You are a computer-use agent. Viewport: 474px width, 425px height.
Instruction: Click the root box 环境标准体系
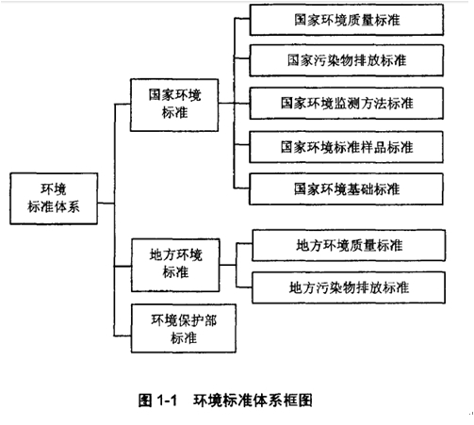(x=54, y=198)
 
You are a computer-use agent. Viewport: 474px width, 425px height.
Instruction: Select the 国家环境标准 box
(x=174, y=105)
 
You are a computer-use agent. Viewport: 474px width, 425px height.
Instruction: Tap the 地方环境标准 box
(x=175, y=265)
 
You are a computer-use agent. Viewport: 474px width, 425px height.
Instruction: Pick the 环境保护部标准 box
(x=184, y=328)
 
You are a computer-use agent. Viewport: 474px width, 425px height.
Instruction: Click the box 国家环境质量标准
(x=347, y=20)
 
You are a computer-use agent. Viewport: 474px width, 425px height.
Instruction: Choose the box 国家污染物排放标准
(x=347, y=60)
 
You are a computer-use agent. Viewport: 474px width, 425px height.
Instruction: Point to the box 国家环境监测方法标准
(x=347, y=104)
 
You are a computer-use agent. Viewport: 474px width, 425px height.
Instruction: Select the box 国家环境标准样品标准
(x=347, y=147)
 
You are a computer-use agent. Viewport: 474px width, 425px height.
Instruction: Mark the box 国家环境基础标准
(x=347, y=189)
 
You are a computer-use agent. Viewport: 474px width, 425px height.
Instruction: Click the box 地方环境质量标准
(x=349, y=245)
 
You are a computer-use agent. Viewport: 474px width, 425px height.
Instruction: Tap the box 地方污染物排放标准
(x=349, y=287)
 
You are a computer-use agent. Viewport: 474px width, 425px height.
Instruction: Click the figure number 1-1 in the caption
(x=167, y=400)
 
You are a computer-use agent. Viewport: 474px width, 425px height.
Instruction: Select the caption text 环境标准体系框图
(x=253, y=400)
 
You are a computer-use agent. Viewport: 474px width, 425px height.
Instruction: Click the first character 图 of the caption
(x=145, y=400)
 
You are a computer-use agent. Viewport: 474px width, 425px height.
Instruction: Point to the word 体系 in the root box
(x=67, y=206)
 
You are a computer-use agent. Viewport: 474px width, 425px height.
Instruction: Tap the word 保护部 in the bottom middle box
(x=197, y=320)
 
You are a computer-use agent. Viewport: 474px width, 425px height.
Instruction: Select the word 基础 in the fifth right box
(x=360, y=189)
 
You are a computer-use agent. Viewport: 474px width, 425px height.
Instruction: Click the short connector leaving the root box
(x=106, y=204)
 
